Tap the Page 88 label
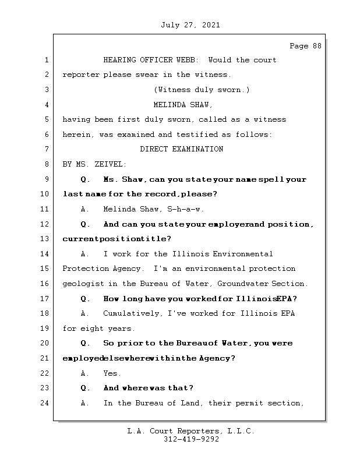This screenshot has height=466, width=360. pos(305,46)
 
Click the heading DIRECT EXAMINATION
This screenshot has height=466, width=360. pos(181,149)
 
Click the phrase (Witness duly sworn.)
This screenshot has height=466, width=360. pos(202,90)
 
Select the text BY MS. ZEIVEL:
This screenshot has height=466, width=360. pos(94,164)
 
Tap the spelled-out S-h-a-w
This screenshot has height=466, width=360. pos(185,209)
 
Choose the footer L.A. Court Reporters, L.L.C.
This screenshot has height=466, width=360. pos(190,431)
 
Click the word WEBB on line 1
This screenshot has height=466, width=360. pos(190,60)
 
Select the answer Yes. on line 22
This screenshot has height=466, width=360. pos(112,373)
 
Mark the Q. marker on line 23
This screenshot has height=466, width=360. pos(85,388)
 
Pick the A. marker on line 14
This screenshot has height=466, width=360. pos(85,254)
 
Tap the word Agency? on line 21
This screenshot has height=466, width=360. pos(217,358)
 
